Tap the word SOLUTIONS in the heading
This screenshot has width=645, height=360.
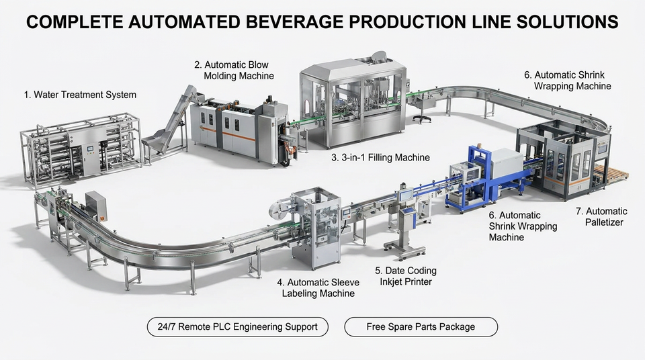coord(568,21)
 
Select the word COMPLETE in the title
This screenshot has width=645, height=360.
coord(75,21)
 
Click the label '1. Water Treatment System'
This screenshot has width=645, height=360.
coord(80,95)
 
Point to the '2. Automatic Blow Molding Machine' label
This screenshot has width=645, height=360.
coord(234,70)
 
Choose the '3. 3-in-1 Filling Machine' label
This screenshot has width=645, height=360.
coord(380,157)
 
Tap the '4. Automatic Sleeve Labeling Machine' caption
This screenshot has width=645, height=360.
coord(318,287)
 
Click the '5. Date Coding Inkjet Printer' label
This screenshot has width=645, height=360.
coord(406,276)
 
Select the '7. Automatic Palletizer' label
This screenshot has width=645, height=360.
coord(601,216)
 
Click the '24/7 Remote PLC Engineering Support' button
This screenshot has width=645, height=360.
coord(237,326)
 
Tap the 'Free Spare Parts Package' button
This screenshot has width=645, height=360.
coord(421,326)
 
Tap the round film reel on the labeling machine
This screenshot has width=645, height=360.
coord(279,209)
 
